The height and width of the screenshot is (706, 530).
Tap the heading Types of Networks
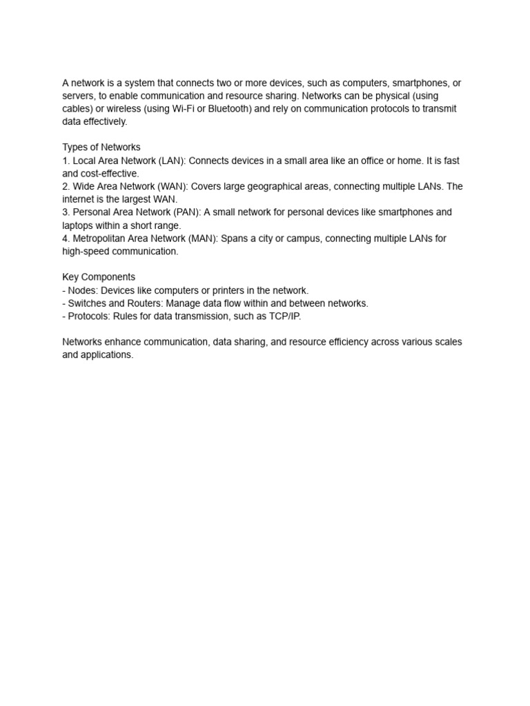[x=101, y=148]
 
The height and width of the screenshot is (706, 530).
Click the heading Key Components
[x=99, y=277]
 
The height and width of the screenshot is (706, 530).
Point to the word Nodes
[x=83, y=290]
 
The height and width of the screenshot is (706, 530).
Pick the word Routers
[x=144, y=303]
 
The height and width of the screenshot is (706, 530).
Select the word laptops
[x=78, y=225]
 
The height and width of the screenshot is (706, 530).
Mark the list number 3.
[x=66, y=212]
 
